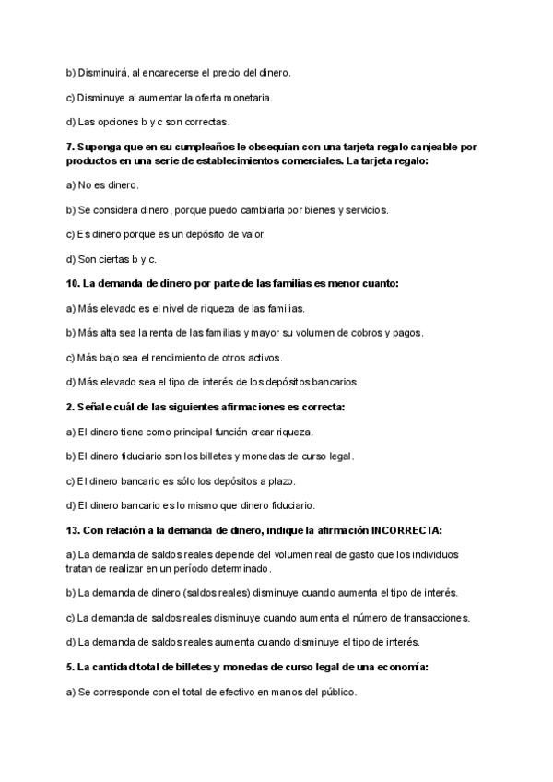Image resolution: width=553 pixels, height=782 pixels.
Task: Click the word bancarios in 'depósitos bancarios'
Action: (332, 382)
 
